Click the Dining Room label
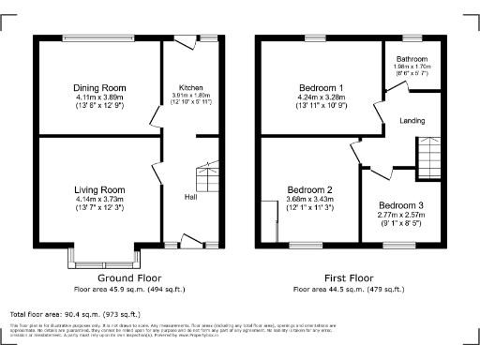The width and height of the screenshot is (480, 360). [99, 88]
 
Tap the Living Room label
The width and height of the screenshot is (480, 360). [99, 188]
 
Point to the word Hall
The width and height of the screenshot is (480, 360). [190, 197]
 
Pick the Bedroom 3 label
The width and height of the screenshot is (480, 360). [401, 205]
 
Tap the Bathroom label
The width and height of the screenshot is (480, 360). [413, 59]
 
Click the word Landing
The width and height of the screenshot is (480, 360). [412, 119]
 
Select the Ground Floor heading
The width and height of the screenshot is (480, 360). [129, 278]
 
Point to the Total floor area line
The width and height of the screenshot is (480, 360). [74, 313]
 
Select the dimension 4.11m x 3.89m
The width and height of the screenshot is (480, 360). [99, 98]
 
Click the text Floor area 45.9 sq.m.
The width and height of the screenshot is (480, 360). [129, 289]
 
